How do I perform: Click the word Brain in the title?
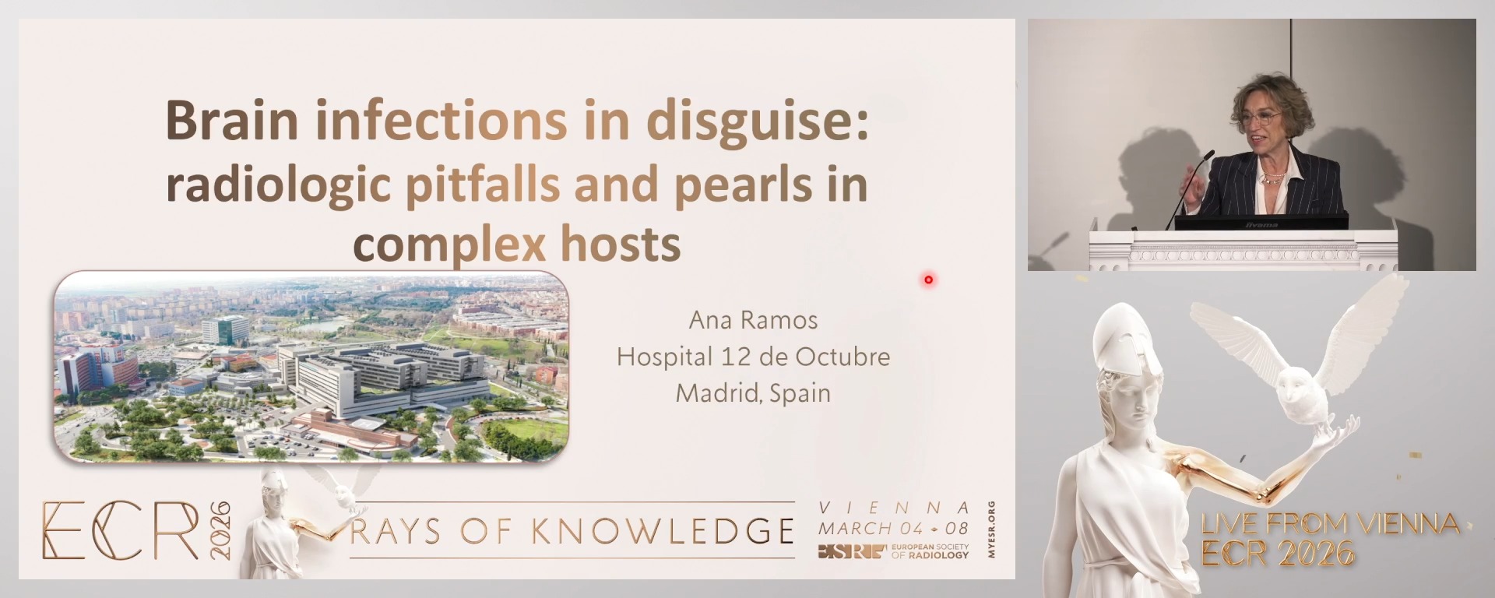click(231, 121)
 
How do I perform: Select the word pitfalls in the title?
click(482, 185)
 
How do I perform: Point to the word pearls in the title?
click(732, 185)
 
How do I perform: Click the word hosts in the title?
click(621, 244)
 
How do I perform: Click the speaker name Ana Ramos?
click(753, 320)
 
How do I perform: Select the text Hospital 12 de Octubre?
click(753, 357)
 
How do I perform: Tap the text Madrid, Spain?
click(753, 393)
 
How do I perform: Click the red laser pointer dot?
click(928, 280)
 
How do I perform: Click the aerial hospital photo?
click(311, 366)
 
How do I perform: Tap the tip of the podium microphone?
click(1211, 153)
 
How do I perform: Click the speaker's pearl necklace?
click(1272, 178)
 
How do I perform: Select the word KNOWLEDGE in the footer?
click(663, 532)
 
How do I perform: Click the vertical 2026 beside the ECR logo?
click(220, 530)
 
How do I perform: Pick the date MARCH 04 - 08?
click(893, 529)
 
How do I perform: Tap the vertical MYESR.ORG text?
click(990, 529)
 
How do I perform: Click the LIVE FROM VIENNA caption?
click(1330, 524)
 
